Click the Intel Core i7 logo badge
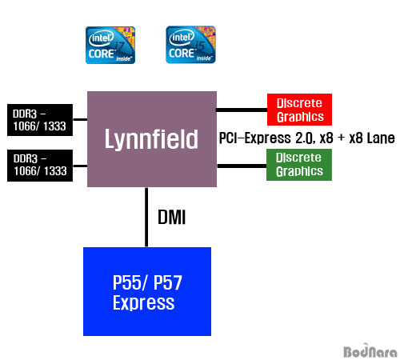110,45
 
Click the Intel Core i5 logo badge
190,45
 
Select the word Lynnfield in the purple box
151,139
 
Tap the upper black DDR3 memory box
40,120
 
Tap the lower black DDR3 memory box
40,166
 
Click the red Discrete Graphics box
299,110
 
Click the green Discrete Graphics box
299,165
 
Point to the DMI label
171,217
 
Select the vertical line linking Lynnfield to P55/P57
146,217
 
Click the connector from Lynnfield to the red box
242,110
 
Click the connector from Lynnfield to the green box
242,166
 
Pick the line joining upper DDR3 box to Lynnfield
80,119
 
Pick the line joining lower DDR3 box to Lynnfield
80,166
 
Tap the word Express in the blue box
143,303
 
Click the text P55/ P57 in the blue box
147,282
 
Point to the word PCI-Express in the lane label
255,138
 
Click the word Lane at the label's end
381,138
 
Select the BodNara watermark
370,350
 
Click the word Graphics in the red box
300,117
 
